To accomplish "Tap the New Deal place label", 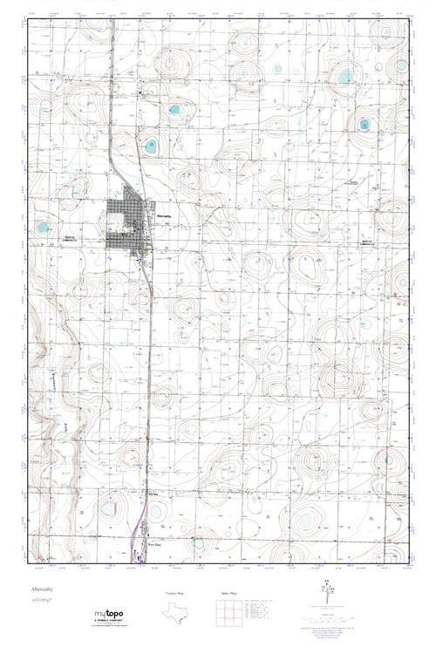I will coord(153,543).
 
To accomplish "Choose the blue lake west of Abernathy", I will coord(42,229).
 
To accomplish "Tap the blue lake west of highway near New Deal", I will coord(109,508).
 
